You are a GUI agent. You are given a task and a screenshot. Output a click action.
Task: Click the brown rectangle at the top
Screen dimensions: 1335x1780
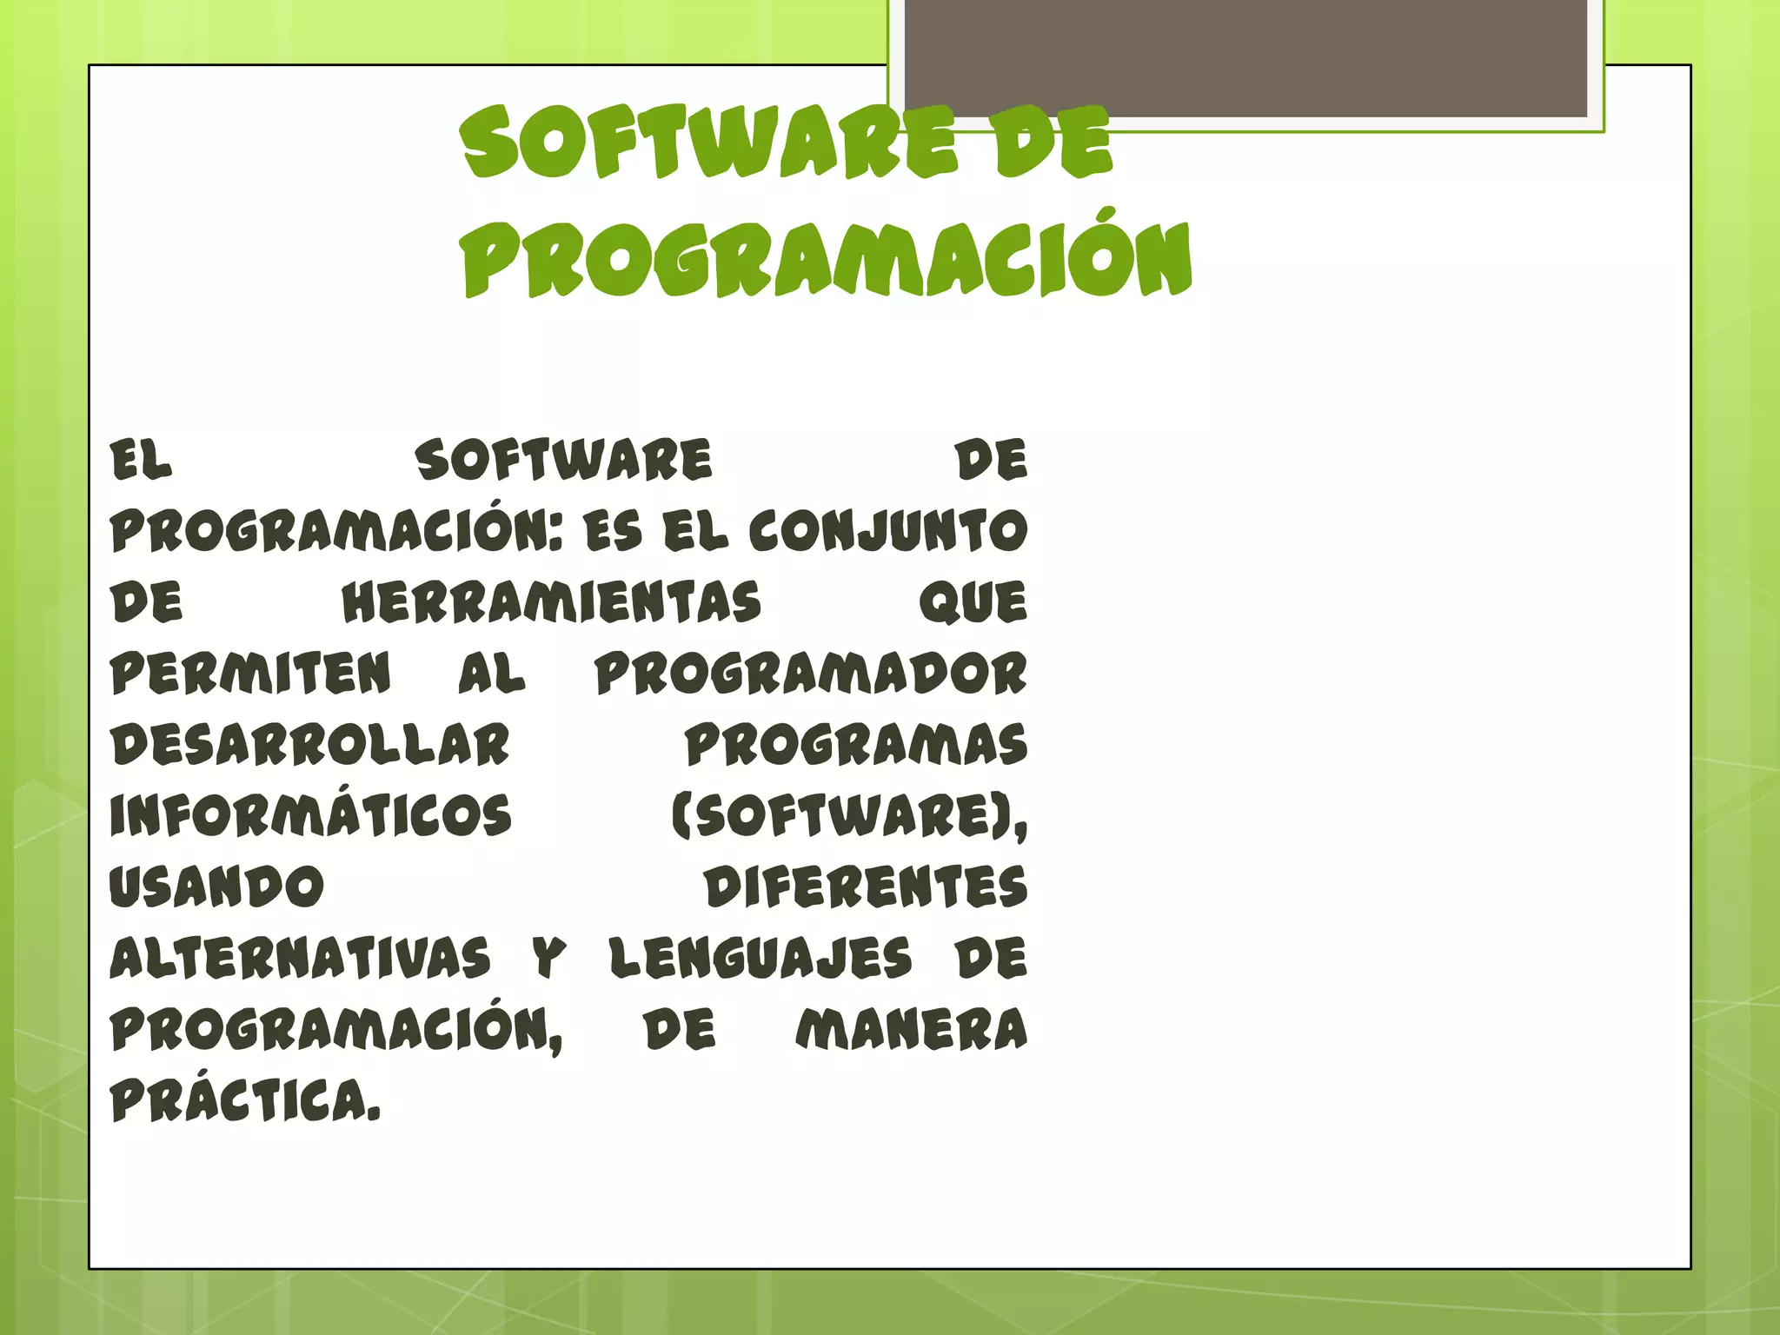(1245, 57)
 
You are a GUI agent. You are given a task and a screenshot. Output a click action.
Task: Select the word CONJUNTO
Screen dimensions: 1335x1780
(888, 531)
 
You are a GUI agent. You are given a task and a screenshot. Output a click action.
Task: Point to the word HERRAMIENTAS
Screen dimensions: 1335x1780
(551, 602)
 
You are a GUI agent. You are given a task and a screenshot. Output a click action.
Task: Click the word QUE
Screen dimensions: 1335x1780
(973, 602)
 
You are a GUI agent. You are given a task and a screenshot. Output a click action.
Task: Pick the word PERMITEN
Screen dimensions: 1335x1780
(251, 674)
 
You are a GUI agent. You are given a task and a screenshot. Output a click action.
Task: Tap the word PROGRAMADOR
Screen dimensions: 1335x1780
(811, 674)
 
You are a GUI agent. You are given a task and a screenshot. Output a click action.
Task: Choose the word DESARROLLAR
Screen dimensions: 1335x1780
(310, 745)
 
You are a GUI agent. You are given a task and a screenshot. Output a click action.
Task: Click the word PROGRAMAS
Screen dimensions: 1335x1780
(856, 745)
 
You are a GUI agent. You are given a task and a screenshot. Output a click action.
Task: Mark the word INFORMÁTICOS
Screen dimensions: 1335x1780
(310, 815)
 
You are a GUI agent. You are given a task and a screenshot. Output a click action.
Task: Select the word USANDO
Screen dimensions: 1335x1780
(216, 887)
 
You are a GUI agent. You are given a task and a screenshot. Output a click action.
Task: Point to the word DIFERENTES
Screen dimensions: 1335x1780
(866, 887)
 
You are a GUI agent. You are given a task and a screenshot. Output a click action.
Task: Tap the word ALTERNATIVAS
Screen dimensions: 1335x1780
(300, 958)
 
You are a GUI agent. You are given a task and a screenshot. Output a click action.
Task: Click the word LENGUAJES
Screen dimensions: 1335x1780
(760, 958)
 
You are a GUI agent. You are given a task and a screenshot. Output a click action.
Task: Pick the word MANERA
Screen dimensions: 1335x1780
(912, 1029)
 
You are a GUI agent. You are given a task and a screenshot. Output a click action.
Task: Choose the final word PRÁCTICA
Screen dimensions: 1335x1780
(245, 1100)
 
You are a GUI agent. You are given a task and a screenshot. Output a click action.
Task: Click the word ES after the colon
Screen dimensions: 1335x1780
(614, 531)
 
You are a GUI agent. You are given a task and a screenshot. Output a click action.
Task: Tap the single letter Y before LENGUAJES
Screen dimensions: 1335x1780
(549, 958)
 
